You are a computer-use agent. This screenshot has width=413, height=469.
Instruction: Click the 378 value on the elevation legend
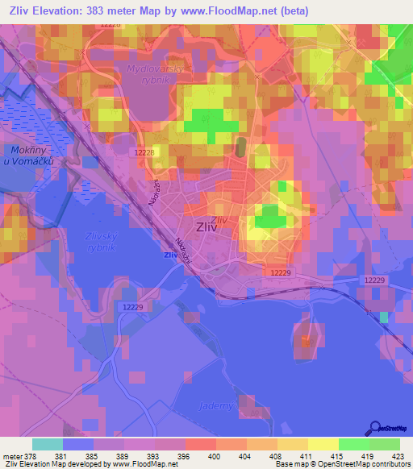pos(29,456)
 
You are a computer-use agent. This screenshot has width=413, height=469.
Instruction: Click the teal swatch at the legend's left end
pos(47,444)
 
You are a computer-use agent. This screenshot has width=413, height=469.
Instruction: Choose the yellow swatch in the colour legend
pos(323,444)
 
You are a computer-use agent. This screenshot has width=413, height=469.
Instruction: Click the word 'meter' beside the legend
pos(11,456)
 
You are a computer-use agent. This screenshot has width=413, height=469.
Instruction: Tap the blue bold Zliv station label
pos(171,255)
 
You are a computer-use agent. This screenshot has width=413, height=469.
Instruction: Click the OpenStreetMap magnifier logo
pos(375,427)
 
